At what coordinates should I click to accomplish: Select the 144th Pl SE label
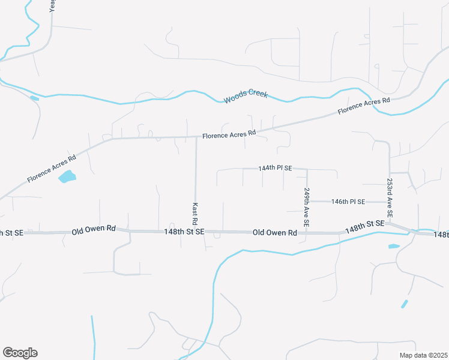pos(275,169)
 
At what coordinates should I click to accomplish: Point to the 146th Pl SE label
pos(348,202)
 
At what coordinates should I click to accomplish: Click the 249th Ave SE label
pos(307,207)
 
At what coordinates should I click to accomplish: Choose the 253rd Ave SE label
pos(390,198)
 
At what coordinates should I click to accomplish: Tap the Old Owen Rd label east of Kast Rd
pos(275,232)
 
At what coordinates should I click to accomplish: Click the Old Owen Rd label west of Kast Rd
pos(93,230)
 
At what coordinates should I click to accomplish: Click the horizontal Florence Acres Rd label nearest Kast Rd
pos(229,136)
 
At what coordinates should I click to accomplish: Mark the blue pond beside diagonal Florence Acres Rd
pos(67,176)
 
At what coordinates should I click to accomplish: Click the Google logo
pos(20,353)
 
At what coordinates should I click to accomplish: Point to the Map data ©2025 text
pos(423,355)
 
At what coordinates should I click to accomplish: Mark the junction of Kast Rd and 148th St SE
pos(196,231)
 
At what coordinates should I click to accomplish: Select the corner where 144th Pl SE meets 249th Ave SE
pos(307,169)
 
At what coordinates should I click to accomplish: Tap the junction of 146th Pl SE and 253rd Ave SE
pos(390,202)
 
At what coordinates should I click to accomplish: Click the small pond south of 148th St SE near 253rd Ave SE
pos(394,246)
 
